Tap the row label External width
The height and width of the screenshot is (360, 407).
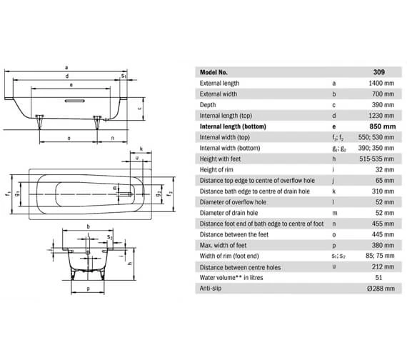click(221, 94)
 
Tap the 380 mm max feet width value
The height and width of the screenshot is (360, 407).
click(381, 245)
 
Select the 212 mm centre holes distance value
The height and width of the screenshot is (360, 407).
click(381, 267)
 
